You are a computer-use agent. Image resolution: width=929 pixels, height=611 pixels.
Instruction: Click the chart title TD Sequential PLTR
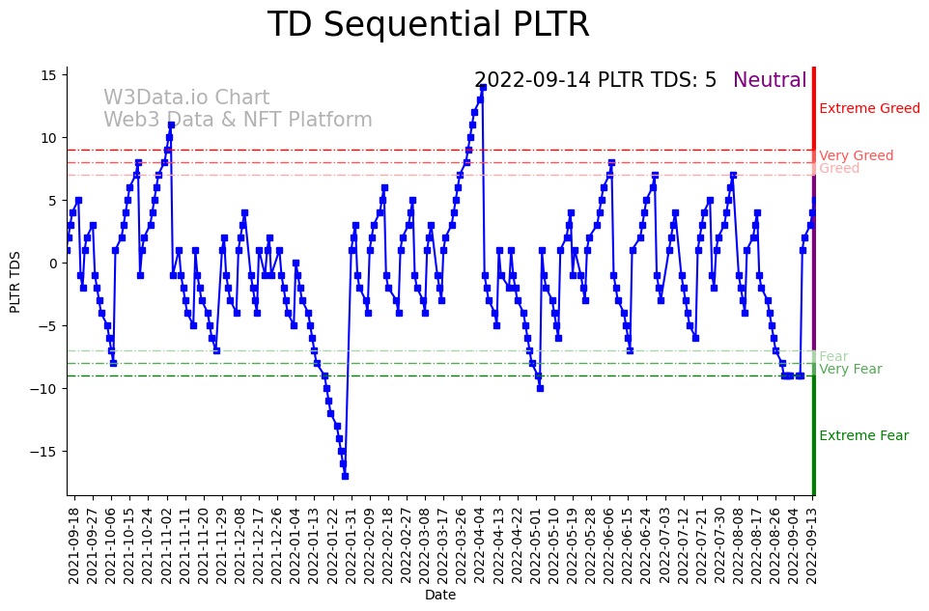coord(428,25)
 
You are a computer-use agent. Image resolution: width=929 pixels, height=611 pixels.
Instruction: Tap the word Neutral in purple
coord(770,81)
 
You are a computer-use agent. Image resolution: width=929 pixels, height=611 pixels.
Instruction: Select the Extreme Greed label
coord(869,109)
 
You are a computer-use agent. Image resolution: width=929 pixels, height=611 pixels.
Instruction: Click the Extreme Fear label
coord(863,436)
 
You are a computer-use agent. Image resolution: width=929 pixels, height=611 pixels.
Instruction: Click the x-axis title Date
coord(440,596)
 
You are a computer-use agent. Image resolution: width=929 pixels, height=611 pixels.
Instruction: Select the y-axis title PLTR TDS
coord(15,281)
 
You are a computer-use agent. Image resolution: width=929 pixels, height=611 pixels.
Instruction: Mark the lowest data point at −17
coord(345,476)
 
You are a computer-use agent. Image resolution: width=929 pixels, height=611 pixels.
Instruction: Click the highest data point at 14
coord(482,88)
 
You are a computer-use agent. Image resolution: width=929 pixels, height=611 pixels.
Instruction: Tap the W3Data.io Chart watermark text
coord(186,98)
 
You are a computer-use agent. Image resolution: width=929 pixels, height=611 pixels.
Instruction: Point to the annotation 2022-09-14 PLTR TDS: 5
coord(595,81)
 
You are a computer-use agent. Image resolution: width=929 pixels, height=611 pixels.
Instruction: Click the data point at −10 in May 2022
coord(540,388)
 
